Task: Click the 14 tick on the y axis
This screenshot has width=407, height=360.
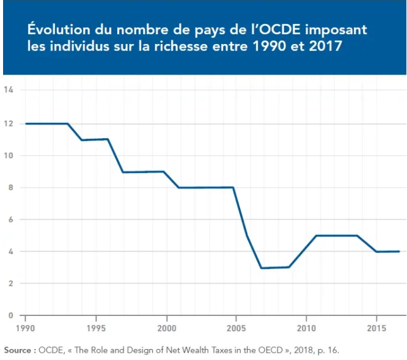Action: (x=9, y=90)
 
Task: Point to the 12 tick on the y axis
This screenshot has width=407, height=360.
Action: (x=9, y=122)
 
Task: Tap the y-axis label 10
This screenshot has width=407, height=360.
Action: (x=9, y=155)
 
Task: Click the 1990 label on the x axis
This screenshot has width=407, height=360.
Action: (x=25, y=329)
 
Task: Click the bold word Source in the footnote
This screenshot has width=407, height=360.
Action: (x=19, y=350)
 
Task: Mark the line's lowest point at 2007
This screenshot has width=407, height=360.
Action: (x=262, y=268)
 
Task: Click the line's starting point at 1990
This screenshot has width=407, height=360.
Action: (x=25, y=123)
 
